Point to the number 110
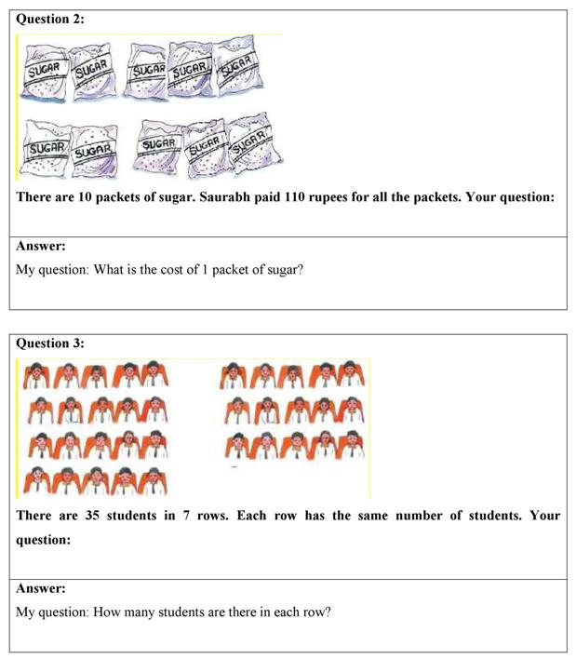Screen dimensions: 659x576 coord(324,198)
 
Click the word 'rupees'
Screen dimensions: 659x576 coord(365,198)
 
